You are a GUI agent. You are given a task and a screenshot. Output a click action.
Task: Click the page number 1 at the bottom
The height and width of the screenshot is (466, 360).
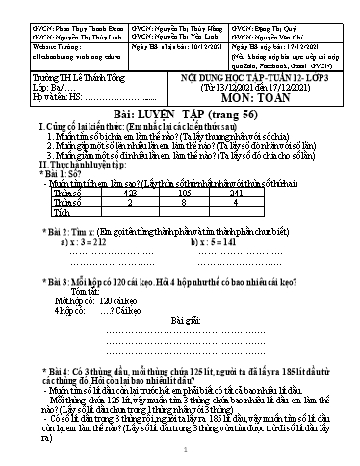(x=180, y=451)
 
